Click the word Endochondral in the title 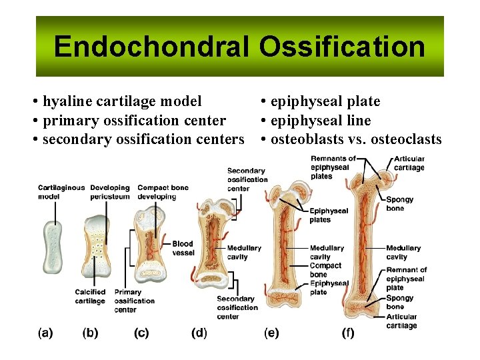pos(151,47)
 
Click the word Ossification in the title pos(342,47)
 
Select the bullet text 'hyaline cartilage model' pos(121,101)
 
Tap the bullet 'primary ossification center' pos(134,121)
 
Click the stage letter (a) pos(45,333)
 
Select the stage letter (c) pos(141,333)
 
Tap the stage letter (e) pos(271,333)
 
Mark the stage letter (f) pos(348,333)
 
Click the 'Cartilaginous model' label pos(61,192)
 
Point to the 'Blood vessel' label pos(183,248)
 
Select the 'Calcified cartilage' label pos(90,296)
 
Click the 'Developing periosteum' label pos(110,192)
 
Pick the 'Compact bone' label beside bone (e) pos(325,270)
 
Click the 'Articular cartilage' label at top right pos(409,163)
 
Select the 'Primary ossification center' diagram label pos(134,301)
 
